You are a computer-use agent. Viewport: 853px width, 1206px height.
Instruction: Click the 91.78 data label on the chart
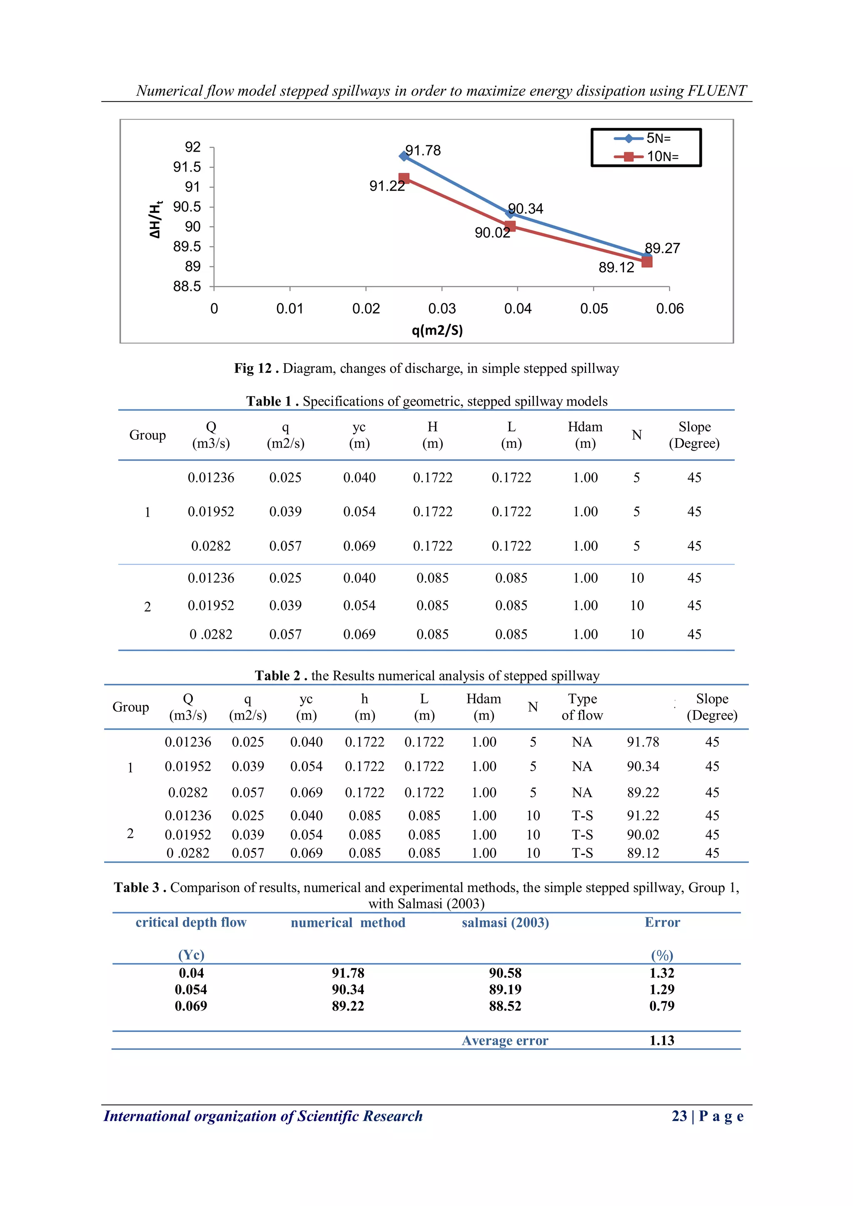[423, 151]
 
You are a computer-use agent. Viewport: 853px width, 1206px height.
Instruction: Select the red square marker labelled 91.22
[404, 179]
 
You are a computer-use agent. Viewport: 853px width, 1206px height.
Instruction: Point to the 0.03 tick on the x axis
[442, 309]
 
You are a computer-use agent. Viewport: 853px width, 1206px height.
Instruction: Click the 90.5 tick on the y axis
[187, 207]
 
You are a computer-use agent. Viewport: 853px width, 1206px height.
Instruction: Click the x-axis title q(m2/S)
[437, 330]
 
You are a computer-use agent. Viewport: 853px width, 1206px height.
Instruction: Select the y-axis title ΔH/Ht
[155, 219]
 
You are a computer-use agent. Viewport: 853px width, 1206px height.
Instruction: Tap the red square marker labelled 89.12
[646, 262]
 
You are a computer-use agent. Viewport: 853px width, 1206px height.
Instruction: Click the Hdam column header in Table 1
[585, 435]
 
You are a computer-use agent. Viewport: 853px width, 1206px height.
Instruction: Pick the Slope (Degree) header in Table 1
[694, 435]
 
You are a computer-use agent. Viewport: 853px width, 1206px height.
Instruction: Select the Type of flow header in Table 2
[582, 707]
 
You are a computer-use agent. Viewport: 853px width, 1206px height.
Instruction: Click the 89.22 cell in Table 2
[643, 792]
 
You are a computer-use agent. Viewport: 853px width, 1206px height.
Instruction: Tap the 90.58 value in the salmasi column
[505, 973]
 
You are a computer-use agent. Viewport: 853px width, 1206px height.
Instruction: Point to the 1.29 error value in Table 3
[662, 989]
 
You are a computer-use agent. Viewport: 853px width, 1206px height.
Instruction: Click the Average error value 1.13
[662, 1041]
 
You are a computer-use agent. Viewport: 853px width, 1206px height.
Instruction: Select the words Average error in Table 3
[505, 1041]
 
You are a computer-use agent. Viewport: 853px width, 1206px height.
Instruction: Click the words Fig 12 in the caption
[253, 368]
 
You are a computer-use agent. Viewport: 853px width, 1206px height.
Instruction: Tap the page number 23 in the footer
[679, 1116]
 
